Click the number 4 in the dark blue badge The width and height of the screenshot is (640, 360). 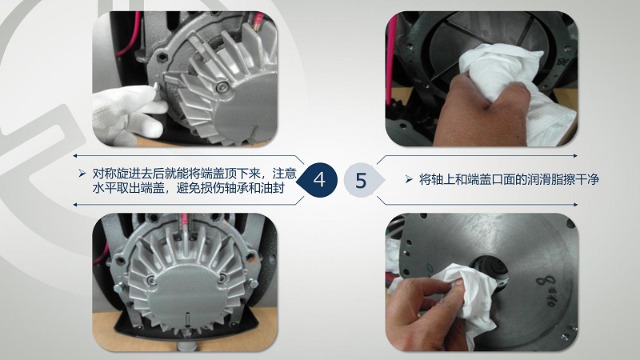pos(319,179)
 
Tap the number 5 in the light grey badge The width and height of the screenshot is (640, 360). pos(361,180)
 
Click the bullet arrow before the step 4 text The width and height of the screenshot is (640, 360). pos(82,174)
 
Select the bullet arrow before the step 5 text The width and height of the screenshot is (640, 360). pos(409,179)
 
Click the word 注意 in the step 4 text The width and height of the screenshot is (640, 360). pos(284,174)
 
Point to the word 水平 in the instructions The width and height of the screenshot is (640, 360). pos(104,188)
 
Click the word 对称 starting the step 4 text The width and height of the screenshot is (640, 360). pos(104,174)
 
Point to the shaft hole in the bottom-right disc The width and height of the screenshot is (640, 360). pos(490,270)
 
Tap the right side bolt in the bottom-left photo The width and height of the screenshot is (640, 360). pos(254,283)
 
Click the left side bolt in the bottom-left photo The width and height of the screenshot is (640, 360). pos(118,288)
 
